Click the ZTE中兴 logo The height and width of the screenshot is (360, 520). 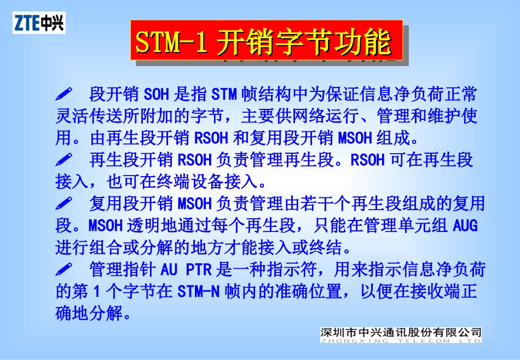pyautogui.click(x=39, y=23)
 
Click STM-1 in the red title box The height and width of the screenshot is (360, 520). pyautogui.click(x=171, y=43)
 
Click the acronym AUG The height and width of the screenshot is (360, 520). pyautogui.click(x=465, y=225)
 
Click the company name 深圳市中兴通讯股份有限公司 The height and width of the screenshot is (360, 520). pyautogui.click(x=401, y=332)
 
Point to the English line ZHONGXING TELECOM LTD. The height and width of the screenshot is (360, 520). pyautogui.click(x=401, y=340)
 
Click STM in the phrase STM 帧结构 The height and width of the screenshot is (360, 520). pyautogui.click(x=224, y=94)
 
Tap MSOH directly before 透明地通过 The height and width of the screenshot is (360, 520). pyautogui.click(x=105, y=225)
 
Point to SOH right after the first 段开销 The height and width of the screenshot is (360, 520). pyautogui.click(x=157, y=94)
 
